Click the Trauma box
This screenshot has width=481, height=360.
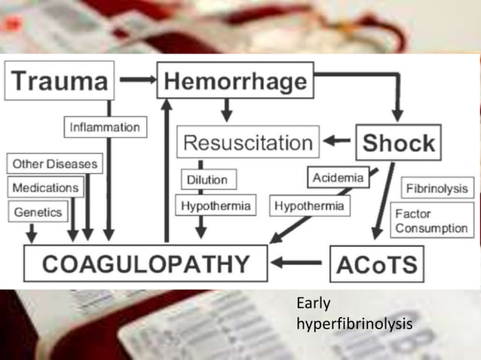point(60,81)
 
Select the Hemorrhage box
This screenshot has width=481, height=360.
point(234,81)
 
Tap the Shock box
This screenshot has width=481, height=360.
point(398,142)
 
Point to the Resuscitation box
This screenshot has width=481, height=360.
point(248,142)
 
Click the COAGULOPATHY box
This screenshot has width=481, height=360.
point(145,264)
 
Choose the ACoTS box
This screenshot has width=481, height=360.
point(376,264)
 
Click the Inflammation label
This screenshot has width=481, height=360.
point(105,127)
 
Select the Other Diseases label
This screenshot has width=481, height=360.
point(55,163)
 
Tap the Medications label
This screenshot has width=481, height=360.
point(46,187)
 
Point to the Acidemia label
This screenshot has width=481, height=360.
point(338,178)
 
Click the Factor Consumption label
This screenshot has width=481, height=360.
point(431,221)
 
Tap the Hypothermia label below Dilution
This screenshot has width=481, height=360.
point(215,206)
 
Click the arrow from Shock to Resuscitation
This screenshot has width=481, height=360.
point(336,142)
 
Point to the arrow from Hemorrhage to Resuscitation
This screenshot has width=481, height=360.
point(225,111)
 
